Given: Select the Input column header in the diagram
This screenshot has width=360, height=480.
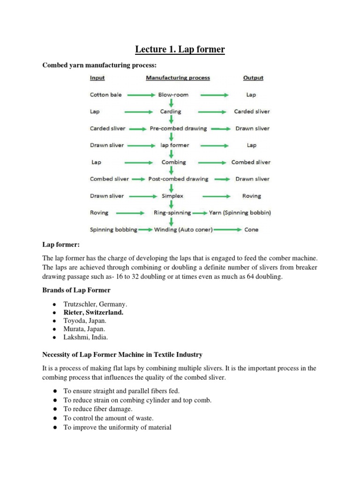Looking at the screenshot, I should pos(97,78).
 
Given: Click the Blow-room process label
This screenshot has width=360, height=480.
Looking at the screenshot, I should pos(173,95).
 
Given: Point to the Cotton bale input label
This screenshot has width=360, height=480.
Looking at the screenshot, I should pos(105,95).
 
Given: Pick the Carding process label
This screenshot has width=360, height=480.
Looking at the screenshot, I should pos(171,112).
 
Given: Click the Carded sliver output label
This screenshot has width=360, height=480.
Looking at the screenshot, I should pos(252,112).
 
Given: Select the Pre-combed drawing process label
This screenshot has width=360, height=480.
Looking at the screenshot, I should pos(178,128).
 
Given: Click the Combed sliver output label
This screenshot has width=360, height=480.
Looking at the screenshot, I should pos(251,162).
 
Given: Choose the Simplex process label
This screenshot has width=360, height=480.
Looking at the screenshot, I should pos(172,196).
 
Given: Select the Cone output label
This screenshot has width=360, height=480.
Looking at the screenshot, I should pos(251,230).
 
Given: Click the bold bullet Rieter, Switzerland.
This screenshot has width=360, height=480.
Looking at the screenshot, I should pos(93,312).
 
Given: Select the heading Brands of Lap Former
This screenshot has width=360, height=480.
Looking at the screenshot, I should pos(76,290).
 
